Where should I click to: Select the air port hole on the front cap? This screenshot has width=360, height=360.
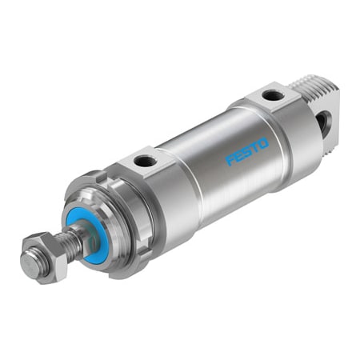pyautogui.click(x=146, y=162)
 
